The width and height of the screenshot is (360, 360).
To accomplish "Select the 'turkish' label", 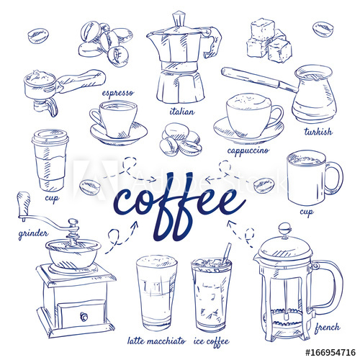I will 318,131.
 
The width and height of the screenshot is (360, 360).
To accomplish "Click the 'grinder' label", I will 34,234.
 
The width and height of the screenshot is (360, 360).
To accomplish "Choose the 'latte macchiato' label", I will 156,340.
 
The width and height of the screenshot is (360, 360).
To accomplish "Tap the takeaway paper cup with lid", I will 50,160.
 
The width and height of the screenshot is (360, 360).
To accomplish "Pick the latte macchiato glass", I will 156,292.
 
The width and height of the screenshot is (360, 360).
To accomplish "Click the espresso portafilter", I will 58,86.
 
